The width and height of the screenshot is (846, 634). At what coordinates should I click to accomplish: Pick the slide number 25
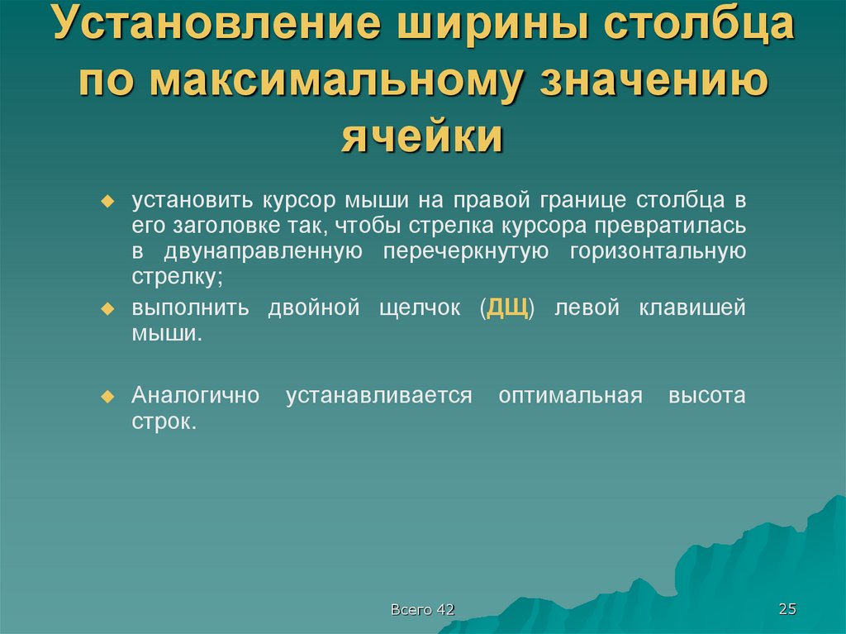tap(787, 609)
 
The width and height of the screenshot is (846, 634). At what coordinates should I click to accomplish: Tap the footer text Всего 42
tap(423, 610)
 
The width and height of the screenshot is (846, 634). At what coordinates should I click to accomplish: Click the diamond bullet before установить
tap(106, 202)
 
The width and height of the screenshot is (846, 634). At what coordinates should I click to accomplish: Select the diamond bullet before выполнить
tap(106, 308)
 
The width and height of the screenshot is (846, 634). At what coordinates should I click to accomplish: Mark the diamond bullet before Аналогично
tap(106, 396)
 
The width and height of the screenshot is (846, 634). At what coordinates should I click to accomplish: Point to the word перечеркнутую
tap(465, 251)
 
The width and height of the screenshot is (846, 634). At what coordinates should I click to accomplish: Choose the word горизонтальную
tap(658, 251)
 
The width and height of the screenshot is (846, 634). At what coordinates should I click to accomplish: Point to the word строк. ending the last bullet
tap(164, 421)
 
